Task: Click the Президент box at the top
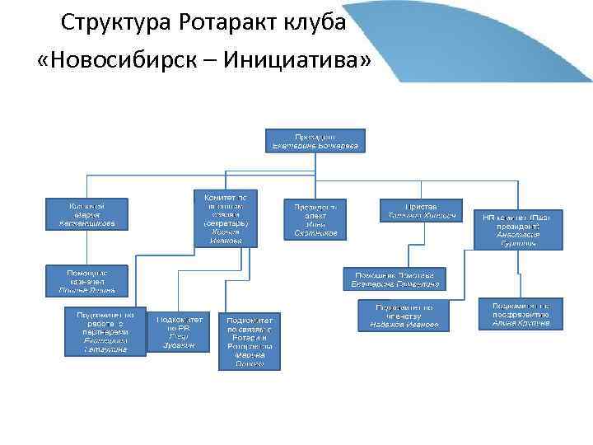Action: pos(315,140)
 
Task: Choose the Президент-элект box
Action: pos(315,219)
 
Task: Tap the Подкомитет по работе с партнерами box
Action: pos(105,331)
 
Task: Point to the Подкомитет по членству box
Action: pos(404,316)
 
